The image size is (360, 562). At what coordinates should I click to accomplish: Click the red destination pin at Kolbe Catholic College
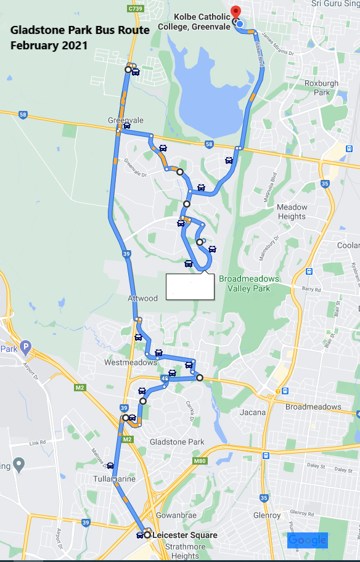(234, 12)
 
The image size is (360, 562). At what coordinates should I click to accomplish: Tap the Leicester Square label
(184, 535)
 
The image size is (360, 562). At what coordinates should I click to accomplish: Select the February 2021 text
(49, 45)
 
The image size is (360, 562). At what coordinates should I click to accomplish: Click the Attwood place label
(142, 298)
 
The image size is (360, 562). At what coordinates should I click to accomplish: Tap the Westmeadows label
(130, 362)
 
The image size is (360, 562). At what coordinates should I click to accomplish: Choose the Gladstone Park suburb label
(177, 442)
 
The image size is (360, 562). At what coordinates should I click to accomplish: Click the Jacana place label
(254, 412)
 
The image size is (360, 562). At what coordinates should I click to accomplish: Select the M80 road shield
(199, 460)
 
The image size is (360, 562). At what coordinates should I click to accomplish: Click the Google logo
(307, 540)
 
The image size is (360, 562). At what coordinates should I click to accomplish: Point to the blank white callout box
(190, 287)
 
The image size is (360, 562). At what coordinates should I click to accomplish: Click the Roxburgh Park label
(321, 88)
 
